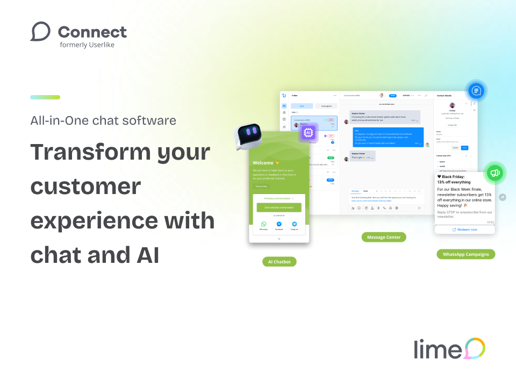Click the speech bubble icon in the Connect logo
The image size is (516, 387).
40,32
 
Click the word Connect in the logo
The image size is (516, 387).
92,32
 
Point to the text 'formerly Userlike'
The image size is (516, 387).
87,45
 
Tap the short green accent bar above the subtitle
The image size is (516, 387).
45,97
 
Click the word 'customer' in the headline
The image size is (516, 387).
85,187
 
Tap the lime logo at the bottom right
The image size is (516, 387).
449,349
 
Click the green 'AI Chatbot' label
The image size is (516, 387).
279,262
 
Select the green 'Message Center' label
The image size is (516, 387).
384,237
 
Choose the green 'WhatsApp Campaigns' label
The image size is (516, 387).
465,254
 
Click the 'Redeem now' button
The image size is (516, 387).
464,230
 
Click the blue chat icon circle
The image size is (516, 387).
476,91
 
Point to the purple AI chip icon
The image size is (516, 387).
309,132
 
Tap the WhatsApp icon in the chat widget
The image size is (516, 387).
263,224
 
